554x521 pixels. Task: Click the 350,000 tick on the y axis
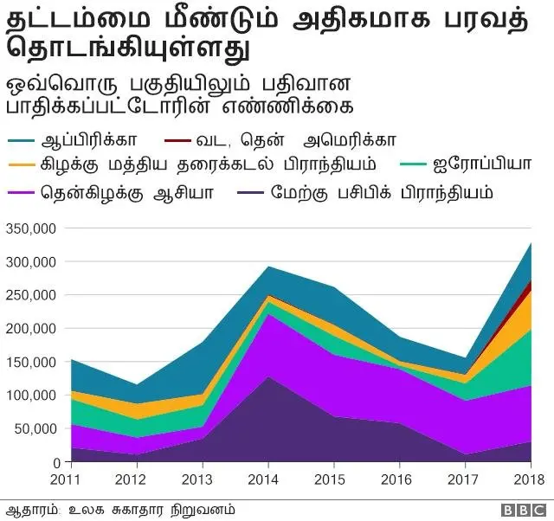pyautogui.click(x=32, y=228)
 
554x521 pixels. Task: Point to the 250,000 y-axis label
pyautogui.click(x=32, y=295)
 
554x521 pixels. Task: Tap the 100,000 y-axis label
pyautogui.click(x=32, y=396)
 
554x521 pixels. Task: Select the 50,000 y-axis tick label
pyautogui.click(x=35, y=429)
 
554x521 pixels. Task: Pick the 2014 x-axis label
pyautogui.click(x=268, y=479)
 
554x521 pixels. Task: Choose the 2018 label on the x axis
pyautogui.click(x=529, y=479)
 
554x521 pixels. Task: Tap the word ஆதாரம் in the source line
pyautogui.click(x=27, y=508)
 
